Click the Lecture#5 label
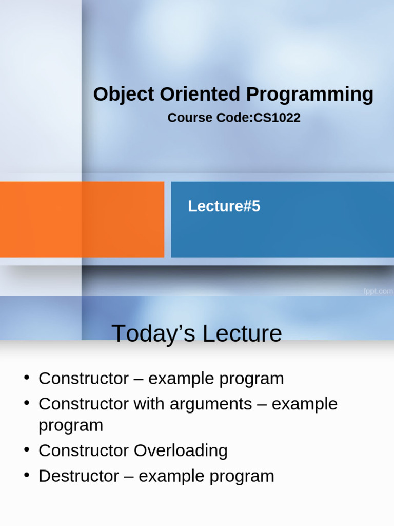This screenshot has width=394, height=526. pyautogui.click(x=224, y=206)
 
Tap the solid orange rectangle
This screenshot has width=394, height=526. pyautogui.click(x=82, y=219)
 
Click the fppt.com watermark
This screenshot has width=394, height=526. pyautogui.click(x=378, y=291)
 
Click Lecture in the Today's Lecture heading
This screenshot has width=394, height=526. pyautogui.click(x=242, y=333)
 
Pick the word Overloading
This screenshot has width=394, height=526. pyautogui.click(x=181, y=450)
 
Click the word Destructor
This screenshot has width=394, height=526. pyautogui.click(x=78, y=476)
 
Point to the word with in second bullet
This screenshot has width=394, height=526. pyautogui.click(x=146, y=404)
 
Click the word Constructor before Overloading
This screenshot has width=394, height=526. pyautogui.click(x=84, y=450)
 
